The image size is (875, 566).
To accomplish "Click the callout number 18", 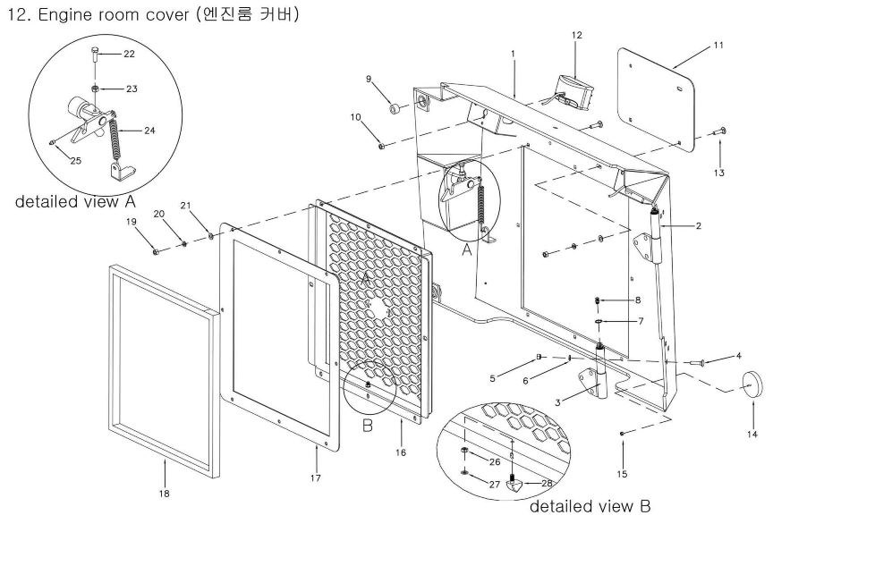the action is click(164, 494).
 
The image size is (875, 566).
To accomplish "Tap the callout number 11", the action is click(718, 46).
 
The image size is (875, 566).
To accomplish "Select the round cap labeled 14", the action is click(752, 384).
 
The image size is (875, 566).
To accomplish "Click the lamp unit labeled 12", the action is click(572, 89).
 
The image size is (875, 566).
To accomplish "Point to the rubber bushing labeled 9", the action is click(395, 107).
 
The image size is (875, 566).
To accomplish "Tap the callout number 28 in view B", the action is click(547, 483).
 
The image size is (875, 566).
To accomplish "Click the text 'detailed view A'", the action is click(75, 201).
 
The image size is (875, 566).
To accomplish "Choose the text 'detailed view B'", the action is click(590, 506).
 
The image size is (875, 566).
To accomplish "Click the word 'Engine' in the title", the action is click(65, 15).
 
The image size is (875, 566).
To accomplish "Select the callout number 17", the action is click(316, 477).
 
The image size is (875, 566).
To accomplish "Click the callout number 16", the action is click(401, 452).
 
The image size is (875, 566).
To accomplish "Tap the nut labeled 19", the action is click(156, 251).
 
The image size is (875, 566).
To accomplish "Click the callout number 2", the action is click(698, 226).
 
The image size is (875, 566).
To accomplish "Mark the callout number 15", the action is click(622, 474).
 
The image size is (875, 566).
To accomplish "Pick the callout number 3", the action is click(557, 402).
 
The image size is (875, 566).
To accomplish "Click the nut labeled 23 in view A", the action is click(96, 89).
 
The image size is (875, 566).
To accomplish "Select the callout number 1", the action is click(513, 54).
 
